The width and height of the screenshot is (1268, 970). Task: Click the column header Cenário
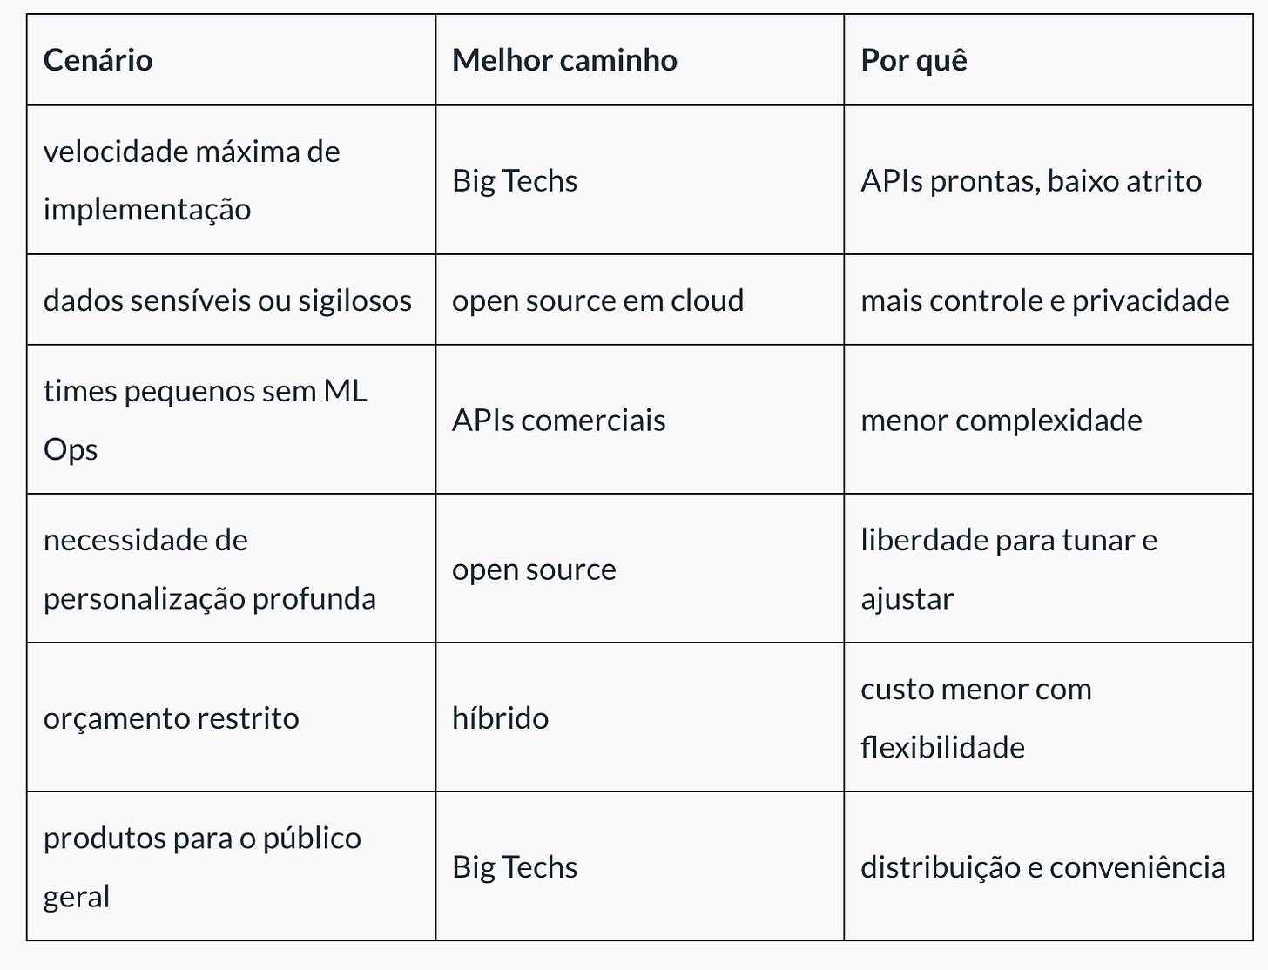98,60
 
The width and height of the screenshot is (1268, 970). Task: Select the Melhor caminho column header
564,60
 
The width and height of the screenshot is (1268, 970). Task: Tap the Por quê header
914,60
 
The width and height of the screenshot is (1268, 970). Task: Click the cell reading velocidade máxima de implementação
192,180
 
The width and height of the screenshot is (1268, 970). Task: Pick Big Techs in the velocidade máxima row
515,181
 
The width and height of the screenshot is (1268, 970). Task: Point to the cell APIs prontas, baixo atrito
1031,181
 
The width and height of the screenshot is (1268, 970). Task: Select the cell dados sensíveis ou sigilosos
227,300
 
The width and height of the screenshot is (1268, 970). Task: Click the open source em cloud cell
597,300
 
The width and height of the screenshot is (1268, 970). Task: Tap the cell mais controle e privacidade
1045,300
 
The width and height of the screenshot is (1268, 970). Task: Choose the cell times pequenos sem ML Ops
206,420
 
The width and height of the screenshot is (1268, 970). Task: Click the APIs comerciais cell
558,421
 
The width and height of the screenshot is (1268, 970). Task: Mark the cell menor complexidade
1002,421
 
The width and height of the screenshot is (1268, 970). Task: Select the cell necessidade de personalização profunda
210,569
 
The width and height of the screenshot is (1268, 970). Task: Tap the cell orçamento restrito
172,718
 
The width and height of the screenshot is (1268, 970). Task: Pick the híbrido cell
500,718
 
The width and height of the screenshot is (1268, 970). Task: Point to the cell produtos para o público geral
202,866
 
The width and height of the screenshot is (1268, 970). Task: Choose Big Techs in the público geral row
515,867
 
